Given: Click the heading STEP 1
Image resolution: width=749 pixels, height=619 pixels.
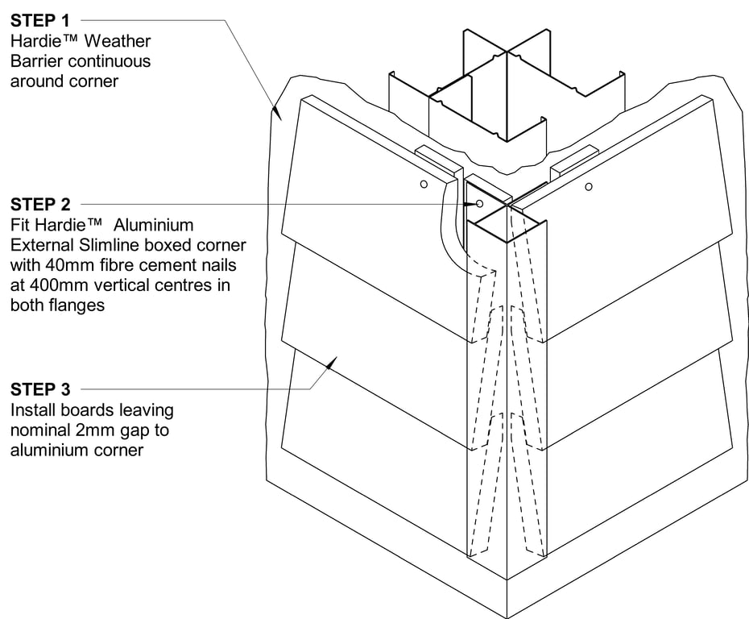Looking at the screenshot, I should click(x=41, y=20).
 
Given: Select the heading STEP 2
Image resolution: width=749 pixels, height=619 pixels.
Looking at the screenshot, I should click(x=41, y=205).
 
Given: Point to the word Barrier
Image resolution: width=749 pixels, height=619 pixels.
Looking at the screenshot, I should click(x=34, y=60).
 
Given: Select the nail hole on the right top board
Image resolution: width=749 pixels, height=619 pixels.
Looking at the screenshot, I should click(x=589, y=187).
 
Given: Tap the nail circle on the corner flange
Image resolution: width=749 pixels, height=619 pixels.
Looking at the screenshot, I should click(x=479, y=204).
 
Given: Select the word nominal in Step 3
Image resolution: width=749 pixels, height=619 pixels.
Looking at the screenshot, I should click(x=39, y=430).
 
